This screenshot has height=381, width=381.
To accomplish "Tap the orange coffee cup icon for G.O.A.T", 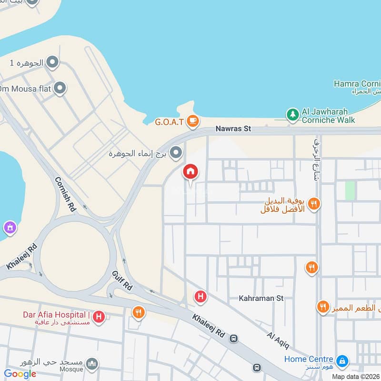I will pyautogui.click(x=192, y=122).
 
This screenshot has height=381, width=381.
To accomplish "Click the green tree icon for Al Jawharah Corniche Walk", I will pyautogui.click(x=291, y=115).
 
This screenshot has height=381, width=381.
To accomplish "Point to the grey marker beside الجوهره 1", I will pyautogui.click(x=52, y=62).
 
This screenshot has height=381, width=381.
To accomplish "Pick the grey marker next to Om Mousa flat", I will pyautogui.click(x=60, y=88).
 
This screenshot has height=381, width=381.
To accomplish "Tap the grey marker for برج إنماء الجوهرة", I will pyautogui.click(x=176, y=153).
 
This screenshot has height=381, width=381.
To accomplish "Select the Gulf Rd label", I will pyautogui.click(x=121, y=280).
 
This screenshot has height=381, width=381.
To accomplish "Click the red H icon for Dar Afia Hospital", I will pyautogui.click(x=99, y=316).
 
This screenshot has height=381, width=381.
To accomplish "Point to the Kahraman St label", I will pyautogui.click(x=261, y=298).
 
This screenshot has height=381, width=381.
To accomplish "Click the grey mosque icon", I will pyautogui.click(x=92, y=364).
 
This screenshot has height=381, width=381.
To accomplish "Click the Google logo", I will pyautogui.click(x=20, y=374).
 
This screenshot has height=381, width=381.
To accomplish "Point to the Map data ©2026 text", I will pyautogui.click(x=356, y=376).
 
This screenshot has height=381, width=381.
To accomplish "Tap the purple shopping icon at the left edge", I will pyautogui.click(x=9, y=228).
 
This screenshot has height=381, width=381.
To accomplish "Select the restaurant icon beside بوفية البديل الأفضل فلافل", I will pyautogui.click(x=313, y=204).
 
